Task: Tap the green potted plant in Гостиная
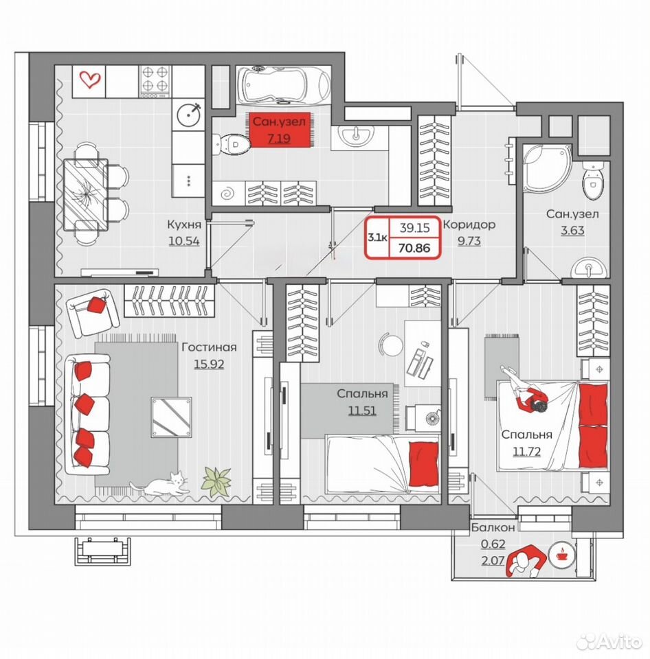216,482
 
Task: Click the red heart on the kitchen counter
90,80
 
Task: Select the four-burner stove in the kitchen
155,82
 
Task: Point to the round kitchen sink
188,114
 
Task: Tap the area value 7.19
279,138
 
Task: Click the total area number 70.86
414,248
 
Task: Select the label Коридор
469,225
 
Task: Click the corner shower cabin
546,168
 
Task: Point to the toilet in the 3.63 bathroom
593,180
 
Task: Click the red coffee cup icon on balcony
561,555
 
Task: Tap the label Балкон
493,527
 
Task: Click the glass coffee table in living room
171,417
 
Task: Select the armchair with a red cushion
93,312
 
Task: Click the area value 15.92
209,364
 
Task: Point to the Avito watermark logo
609,641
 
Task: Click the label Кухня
184,224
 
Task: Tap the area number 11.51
362,411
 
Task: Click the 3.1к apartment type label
377,238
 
